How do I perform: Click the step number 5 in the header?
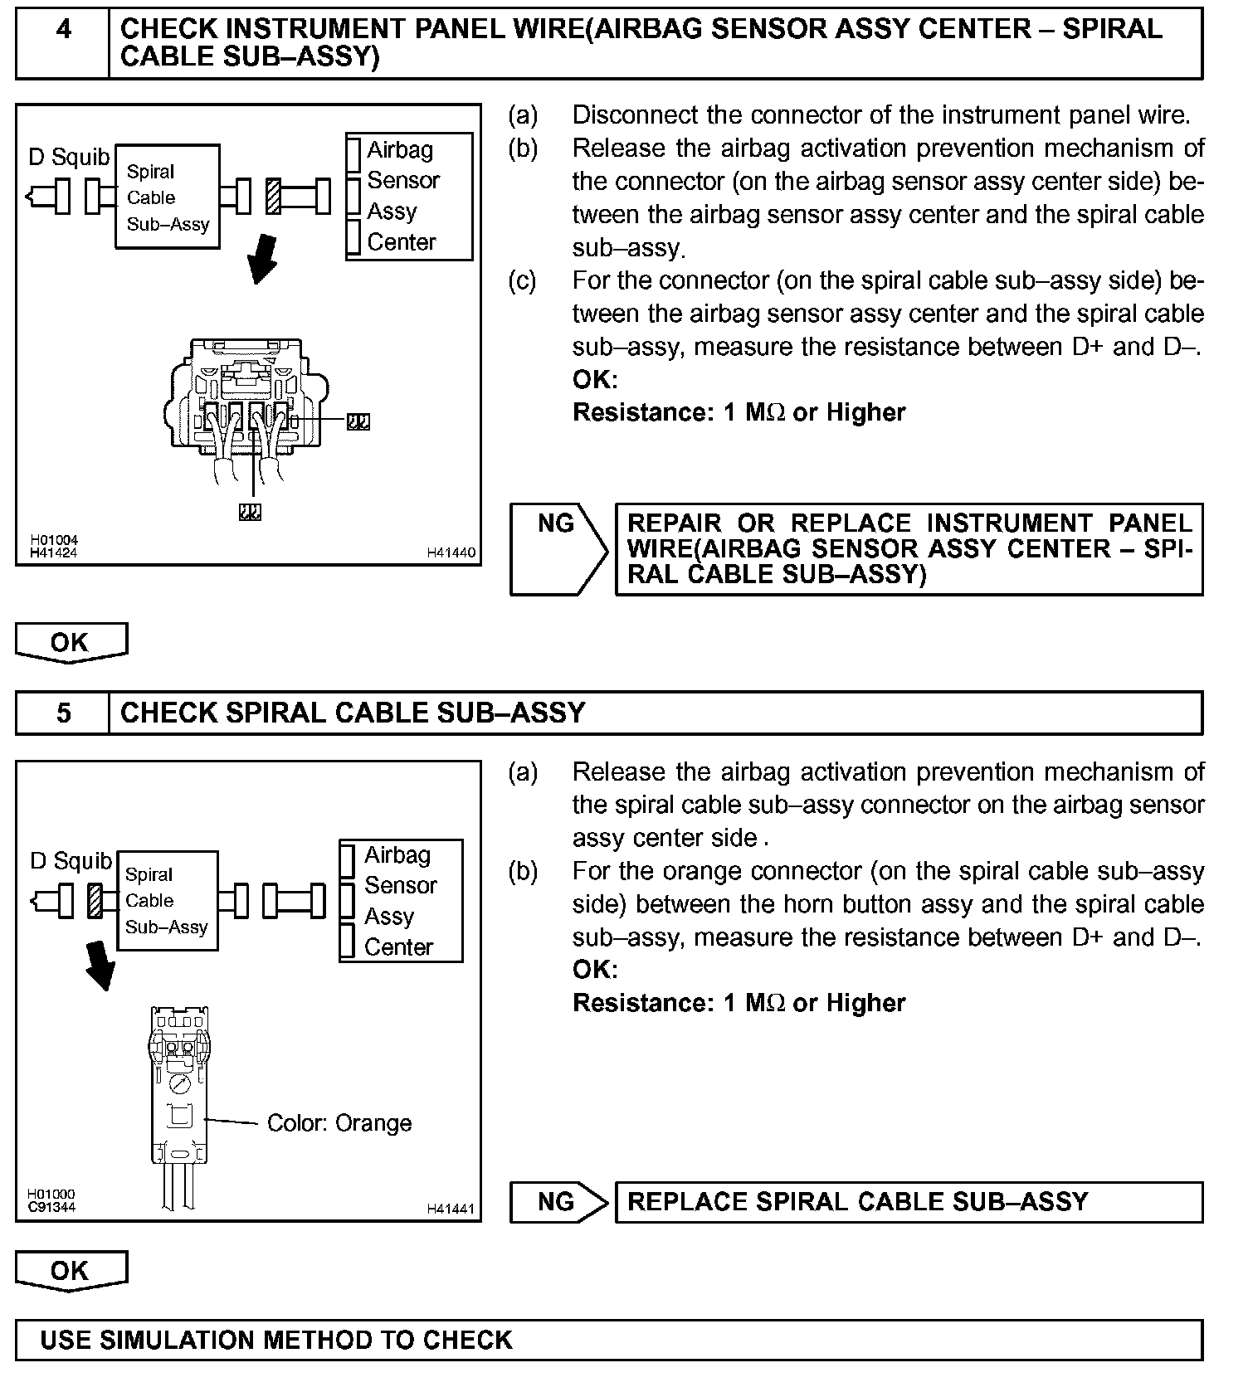coord(63,713)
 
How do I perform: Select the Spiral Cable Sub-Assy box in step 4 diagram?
coord(168,197)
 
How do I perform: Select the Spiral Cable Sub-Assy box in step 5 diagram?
coord(168,901)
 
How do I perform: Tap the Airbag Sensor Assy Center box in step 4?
coord(409,197)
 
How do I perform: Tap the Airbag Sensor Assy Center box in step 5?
coord(401,901)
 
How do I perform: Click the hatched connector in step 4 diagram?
coord(273,197)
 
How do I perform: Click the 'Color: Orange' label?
coord(339,1123)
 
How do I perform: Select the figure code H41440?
coord(451,552)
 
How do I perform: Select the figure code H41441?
coord(451,1209)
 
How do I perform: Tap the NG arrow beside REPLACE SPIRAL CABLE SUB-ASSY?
coord(558,1202)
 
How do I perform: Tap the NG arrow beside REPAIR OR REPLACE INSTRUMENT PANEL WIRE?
coord(558,549)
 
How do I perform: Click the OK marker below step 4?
coord(71,643)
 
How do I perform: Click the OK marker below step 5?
coord(71,1271)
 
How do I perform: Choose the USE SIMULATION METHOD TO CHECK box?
coord(609,1341)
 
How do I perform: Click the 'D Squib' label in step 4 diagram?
coord(69,157)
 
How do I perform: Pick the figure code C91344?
coord(52,1207)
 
